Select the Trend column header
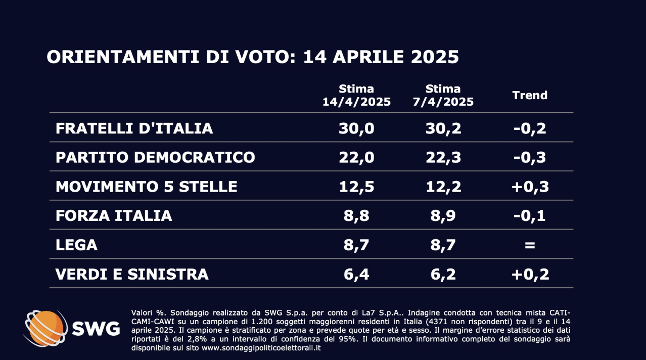pyautogui.click(x=530, y=95)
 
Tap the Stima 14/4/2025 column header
pyautogui.click(x=356, y=96)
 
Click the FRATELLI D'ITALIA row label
pyautogui.click(x=134, y=128)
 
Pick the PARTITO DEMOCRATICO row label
pyautogui.click(x=155, y=157)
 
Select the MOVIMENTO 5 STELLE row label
pyautogui.click(x=146, y=187)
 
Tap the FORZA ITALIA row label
pyautogui.click(x=114, y=216)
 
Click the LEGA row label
pyautogui.click(x=76, y=245)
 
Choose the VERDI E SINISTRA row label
pyautogui.click(x=132, y=274)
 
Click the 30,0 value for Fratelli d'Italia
pyautogui.click(x=356, y=128)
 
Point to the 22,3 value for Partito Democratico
pyautogui.click(x=443, y=157)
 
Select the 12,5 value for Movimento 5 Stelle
pyautogui.click(x=356, y=187)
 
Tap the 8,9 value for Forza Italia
pyautogui.click(x=443, y=216)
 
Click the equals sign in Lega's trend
pyautogui.click(x=530, y=245)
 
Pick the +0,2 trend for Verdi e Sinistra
pyautogui.click(x=530, y=274)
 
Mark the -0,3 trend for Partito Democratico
pyautogui.click(x=530, y=157)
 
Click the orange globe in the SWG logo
pyautogui.click(x=47, y=327)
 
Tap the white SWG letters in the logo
pyautogui.click(x=96, y=329)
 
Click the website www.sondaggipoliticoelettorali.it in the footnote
pyautogui.click(x=261, y=348)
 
